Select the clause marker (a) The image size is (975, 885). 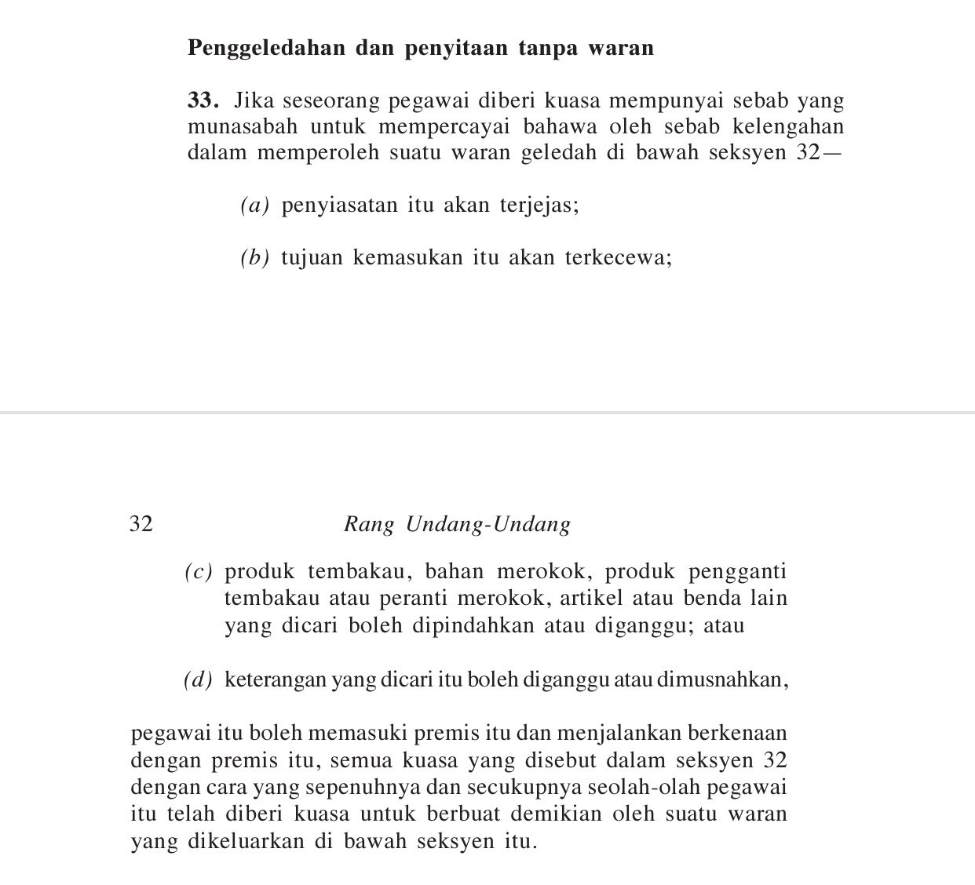point(255,206)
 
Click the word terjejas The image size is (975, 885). point(540,206)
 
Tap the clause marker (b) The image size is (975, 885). point(255,258)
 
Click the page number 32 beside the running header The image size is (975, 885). point(141,524)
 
